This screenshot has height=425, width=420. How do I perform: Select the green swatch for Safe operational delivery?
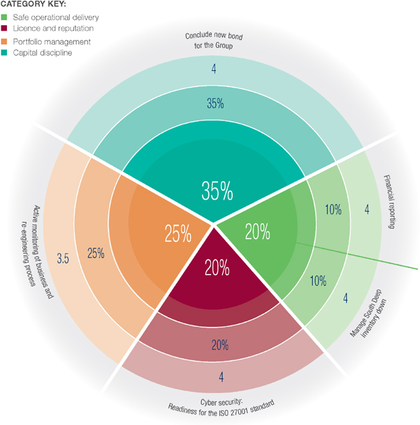pyautogui.click(x=4, y=17)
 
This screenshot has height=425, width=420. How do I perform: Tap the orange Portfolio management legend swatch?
pyautogui.click(x=4, y=41)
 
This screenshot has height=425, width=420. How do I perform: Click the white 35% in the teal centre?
pyautogui.click(x=217, y=190)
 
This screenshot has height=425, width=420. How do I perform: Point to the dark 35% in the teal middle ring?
pyautogui.click(x=215, y=104)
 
